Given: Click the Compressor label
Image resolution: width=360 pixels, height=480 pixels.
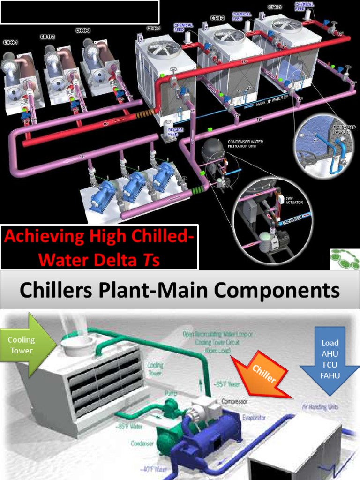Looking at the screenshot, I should (234, 402).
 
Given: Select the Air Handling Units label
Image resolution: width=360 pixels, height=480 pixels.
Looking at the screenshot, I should (321, 407).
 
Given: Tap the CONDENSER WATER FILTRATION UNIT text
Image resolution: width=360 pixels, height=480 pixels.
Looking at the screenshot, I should (246, 143).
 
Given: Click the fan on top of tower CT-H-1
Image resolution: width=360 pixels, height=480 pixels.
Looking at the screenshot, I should (163, 49).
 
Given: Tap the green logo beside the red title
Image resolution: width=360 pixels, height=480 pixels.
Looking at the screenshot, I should (344, 258).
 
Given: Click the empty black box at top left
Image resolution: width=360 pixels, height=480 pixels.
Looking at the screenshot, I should (80, 12).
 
